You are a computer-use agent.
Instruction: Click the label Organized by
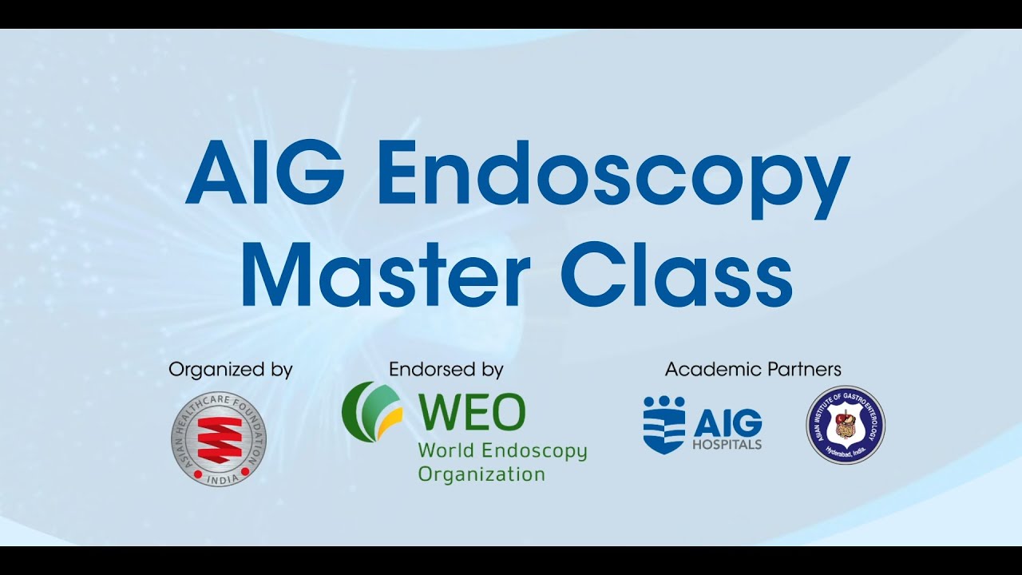click(231, 370)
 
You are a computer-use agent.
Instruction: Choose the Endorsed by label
click(446, 370)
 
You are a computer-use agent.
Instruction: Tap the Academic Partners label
click(753, 370)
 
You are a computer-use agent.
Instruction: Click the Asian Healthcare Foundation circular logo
click(218, 439)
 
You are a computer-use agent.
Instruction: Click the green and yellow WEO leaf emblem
click(371, 412)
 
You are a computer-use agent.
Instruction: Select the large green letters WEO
click(472, 412)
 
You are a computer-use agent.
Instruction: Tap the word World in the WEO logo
click(440, 450)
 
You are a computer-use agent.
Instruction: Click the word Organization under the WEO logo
click(481, 474)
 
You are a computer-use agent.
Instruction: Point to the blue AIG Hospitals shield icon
click(664, 425)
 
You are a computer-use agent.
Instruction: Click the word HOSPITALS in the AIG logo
click(727, 444)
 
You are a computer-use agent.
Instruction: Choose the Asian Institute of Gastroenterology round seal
click(846, 425)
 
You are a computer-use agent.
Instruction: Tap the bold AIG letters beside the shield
click(727, 422)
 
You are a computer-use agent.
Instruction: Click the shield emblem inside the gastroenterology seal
click(846, 425)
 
